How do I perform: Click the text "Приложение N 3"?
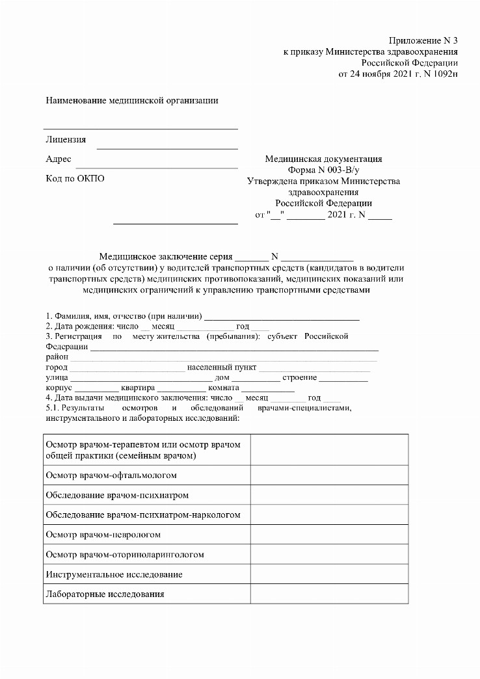pos(423,40)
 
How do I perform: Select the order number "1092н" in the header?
pos(445,73)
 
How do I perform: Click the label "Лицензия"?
pos(66,140)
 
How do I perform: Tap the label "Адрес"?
pos(59,159)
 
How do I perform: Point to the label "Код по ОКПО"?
pos(75,179)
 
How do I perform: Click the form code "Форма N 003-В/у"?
pos(323,170)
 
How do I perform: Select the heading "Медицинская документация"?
pos(323,159)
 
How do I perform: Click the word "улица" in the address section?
pos(57,377)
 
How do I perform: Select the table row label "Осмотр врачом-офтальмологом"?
pos(111,475)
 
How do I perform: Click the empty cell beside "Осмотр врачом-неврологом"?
pos(329,535)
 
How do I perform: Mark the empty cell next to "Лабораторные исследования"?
pos(329,594)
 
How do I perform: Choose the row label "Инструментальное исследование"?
pos(114,574)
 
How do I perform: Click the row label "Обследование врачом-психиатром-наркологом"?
pos(143,515)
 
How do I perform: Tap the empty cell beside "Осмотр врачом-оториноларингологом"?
pos(329,554)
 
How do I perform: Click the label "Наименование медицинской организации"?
pos(131,100)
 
